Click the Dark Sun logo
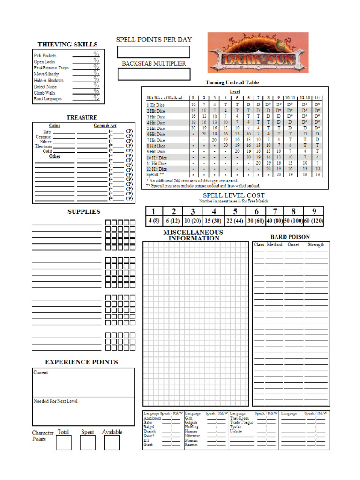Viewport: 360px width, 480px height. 258,52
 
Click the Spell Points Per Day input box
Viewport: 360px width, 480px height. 153,52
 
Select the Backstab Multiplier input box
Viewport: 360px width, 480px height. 153,74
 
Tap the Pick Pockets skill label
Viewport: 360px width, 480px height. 45,55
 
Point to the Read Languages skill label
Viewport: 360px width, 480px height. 47,99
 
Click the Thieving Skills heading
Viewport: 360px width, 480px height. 67,45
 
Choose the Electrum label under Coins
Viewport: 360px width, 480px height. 43,146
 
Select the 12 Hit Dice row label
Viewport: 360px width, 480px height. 156,169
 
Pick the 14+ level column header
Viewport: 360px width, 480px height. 317,97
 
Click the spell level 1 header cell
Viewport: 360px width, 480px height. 153,211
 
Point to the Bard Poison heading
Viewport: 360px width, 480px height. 290,237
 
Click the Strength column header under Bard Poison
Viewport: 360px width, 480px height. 315,244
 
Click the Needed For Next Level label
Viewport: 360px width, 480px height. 55,401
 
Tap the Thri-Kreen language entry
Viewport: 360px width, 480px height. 239,418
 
